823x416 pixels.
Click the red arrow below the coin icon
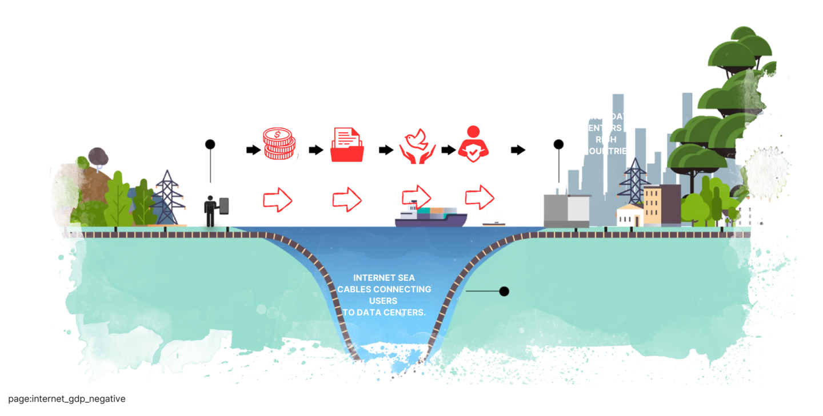[278, 200]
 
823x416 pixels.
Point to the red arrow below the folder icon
[347, 200]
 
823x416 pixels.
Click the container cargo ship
[431, 216]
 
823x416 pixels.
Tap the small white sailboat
[493, 215]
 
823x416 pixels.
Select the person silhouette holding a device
[211, 210]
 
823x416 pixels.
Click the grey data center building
[565, 209]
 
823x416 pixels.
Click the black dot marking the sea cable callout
[504, 292]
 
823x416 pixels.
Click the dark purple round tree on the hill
[98, 154]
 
